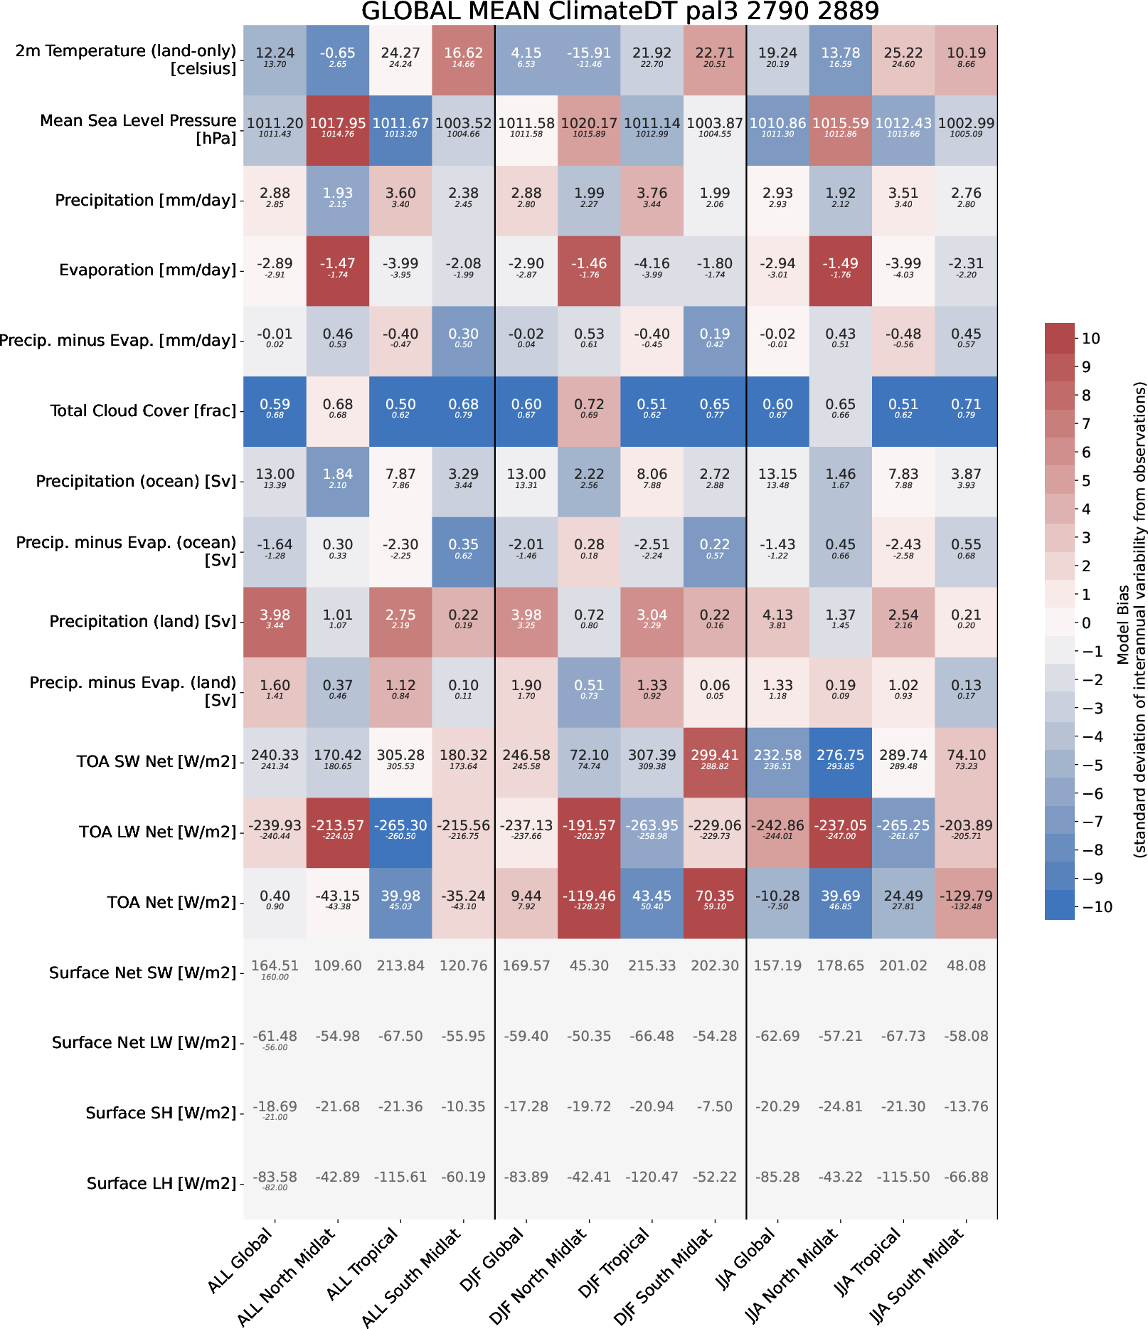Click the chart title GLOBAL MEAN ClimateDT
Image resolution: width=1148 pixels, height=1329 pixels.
tap(620, 11)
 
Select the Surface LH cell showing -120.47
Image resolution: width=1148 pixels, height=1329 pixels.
tap(652, 1177)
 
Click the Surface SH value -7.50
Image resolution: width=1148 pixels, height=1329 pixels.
tap(715, 1106)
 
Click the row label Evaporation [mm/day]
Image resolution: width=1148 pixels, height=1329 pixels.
tap(147, 270)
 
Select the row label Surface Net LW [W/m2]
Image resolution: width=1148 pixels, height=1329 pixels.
tap(144, 1043)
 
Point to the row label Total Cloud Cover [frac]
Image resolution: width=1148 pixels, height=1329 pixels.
tap(143, 411)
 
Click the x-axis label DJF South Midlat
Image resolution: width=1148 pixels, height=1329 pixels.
tap(665, 1275)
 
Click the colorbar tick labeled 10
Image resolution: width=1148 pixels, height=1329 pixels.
tap(1090, 339)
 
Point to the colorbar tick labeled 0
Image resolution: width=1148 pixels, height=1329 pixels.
tap(1085, 623)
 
